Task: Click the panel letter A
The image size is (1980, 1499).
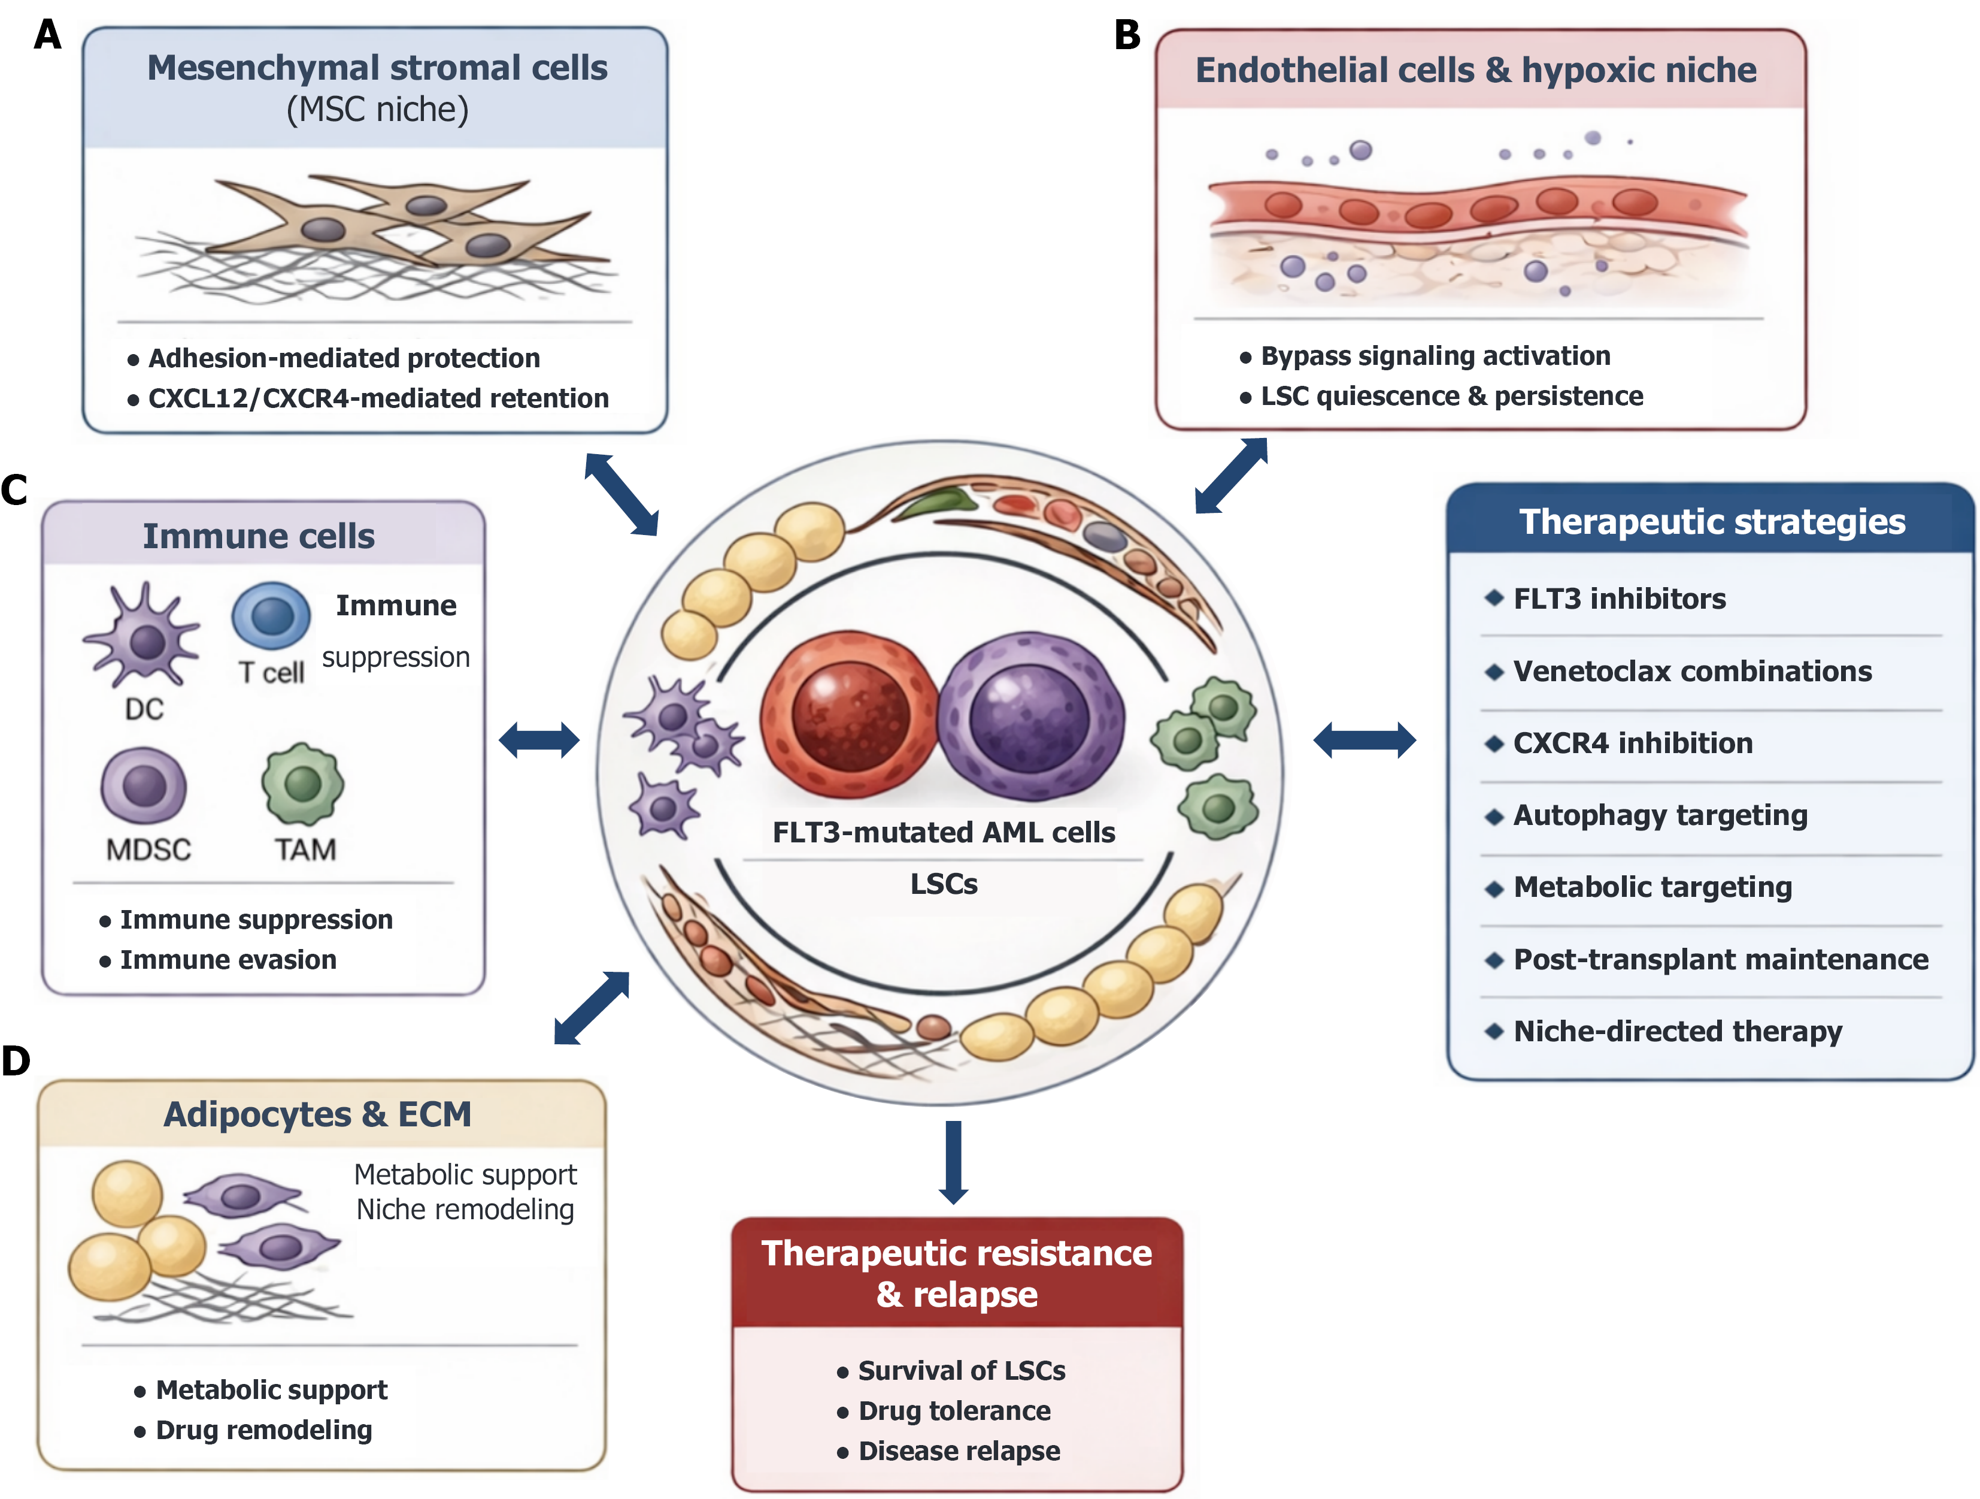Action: (47, 35)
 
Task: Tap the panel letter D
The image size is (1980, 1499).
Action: (16, 1061)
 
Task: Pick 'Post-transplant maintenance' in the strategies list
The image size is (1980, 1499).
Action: (1720, 959)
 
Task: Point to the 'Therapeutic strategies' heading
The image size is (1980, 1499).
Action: (1712, 521)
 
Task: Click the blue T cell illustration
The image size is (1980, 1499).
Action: (271, 615)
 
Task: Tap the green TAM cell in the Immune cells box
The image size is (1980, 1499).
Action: (302, 784)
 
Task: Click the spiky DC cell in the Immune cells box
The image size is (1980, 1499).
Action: (143, 637)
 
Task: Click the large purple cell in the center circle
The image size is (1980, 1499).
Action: (1029, 717)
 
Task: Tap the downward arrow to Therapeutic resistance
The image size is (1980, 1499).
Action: (954, 1162)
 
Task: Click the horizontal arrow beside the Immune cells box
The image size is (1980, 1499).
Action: (539, 741)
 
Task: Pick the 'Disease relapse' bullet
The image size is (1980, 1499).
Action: (959, 1450)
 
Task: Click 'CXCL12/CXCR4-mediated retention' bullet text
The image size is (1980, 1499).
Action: (378, 398)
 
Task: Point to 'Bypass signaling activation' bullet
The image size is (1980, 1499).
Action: (1436, 355)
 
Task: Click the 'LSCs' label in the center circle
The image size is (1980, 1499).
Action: (944, 884)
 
